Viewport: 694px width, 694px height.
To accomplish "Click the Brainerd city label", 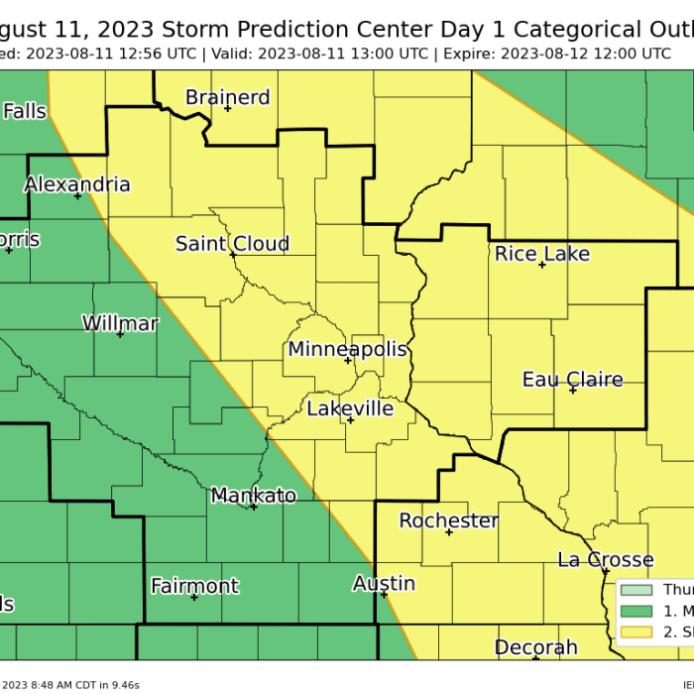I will (227, 97).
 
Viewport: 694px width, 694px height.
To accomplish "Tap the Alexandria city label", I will (77, 184).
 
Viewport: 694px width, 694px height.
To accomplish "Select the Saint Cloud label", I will (232, 244).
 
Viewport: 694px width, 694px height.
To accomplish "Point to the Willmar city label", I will (120, 323).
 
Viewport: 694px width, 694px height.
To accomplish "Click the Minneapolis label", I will (347, 349).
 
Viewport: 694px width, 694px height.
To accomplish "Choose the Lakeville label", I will (350, 408).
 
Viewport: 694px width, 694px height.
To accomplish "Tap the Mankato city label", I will (253, 496).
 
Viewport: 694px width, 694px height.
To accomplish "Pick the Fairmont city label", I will (194, 586).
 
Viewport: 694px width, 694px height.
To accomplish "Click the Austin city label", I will (384, 584).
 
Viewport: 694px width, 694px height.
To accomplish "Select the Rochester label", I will (448, 520).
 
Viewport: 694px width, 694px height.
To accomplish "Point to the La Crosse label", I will (605, 560).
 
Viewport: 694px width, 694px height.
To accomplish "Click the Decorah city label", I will (535, 647).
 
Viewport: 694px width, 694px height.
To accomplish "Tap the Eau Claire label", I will (572, 380).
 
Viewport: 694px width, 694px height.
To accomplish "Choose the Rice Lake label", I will (541, 254).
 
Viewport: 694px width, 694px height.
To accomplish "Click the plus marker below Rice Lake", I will (542, 266).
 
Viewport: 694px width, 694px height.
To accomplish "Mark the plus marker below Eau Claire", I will (573, 391).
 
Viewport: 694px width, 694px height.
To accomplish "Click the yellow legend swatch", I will (636, 632).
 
